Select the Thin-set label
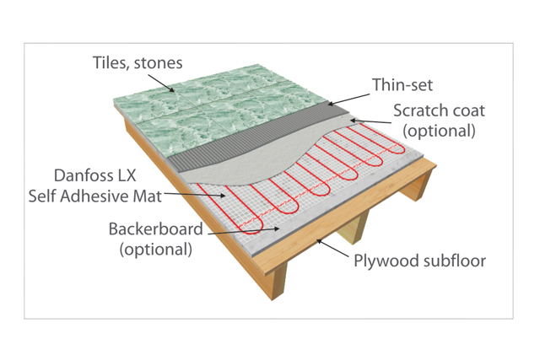[400, 85]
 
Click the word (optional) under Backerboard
[155, 249]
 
